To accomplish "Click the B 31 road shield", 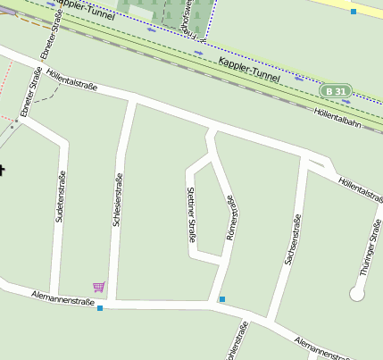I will tap(337, 91).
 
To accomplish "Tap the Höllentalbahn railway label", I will tap(337, 118).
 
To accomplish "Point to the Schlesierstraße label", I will tap(117, 199).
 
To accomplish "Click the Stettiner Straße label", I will tap(190, 215).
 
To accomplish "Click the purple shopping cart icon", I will tap(98, 287).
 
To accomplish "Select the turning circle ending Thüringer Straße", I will tap(357, 293).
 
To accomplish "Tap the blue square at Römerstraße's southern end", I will tap(221, 299).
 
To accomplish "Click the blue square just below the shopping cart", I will tap(100, 308).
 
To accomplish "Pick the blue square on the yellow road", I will tap(354, 12).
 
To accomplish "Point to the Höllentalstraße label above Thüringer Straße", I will tap(360, 189).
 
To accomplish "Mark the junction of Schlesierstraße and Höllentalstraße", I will tap(134, 102).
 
